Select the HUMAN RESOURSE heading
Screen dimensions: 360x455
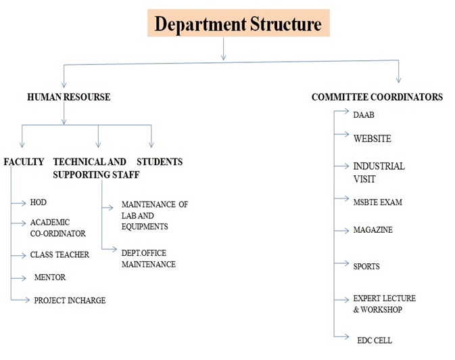pyautogui.click(x=68, y=97)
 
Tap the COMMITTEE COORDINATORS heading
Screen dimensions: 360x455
pyautogui.click(x=377, y=97)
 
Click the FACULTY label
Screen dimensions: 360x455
pyautogui.click(x=24, y=162)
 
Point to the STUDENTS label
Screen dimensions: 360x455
pyautogui.click(x=160, y=162)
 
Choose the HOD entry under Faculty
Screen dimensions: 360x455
pyautogui.click(x=39, y=202)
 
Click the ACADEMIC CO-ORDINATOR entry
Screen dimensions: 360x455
pyautogui.click(x=57, y=228)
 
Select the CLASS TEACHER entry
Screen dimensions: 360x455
pyautogui.click(x=60, y=255)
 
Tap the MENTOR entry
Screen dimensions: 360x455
pyautogui.click(x=50, y=277)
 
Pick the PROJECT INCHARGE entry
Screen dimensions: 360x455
pyautogui.click(x=70, y=300)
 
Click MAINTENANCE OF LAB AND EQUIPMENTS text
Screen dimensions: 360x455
pyautogui.click(x=155, y=215)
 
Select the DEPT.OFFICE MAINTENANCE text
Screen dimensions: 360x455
pyautogui.click(x=149, y=258)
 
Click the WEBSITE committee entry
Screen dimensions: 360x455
pyautogui.click(x=372, y=139)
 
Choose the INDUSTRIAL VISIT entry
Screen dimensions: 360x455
pyautogui.click(x=379, y=173)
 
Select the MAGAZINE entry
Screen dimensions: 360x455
pyautogui.click(x=373, y=230)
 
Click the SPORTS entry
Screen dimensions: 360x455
pyautogui.click(x=366, y=267)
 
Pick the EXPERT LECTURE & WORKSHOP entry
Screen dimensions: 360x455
pyautogui.click(x=384, y=304)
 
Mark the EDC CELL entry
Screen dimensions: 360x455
pyautogui.click(x=375, y=340)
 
